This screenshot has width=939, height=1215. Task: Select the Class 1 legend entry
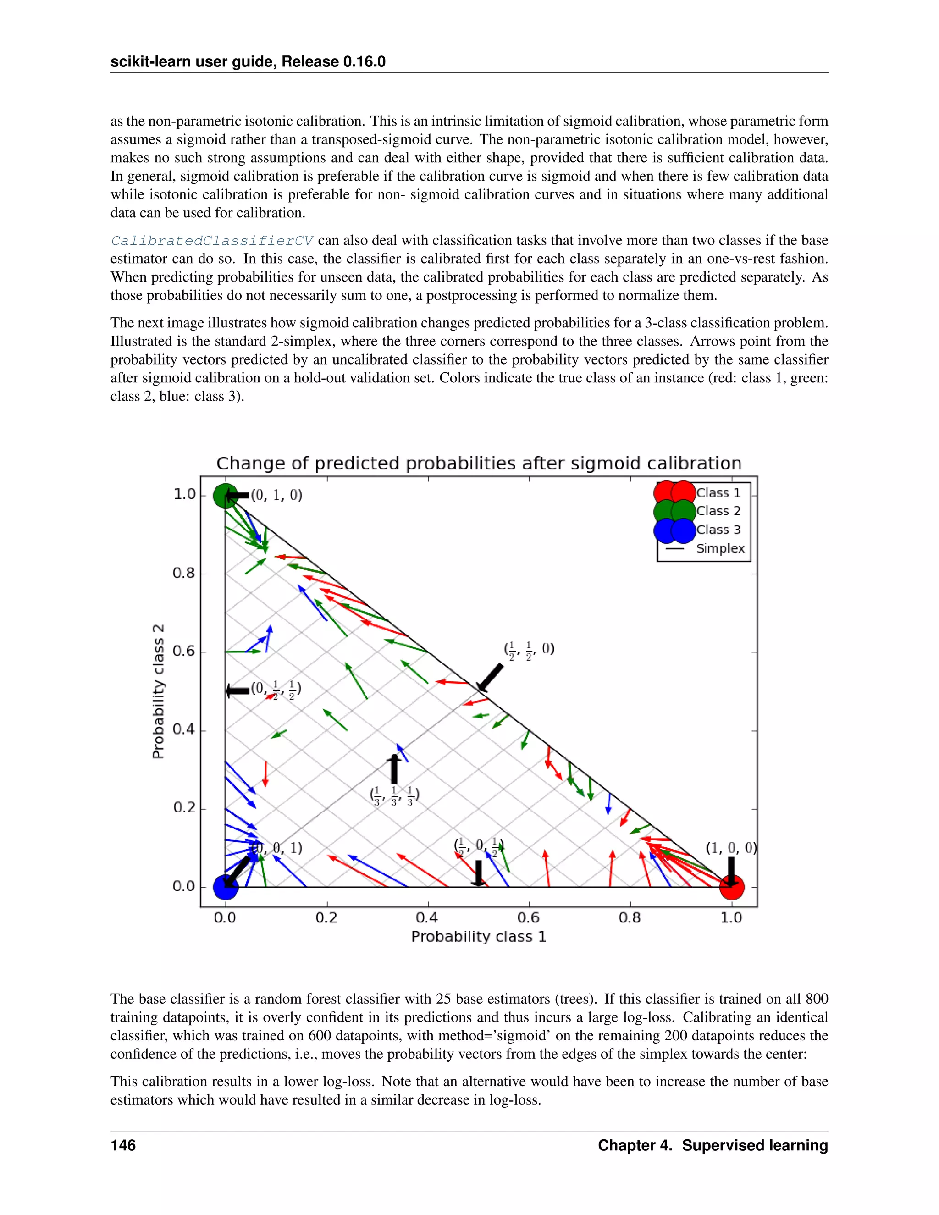click(718, 493)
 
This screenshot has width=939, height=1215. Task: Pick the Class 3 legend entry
click(718, 530)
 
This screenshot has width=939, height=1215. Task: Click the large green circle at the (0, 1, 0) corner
click(225, 495)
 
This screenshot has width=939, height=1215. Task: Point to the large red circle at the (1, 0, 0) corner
click(731, 887)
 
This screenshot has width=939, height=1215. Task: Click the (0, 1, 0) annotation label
click(276, 495)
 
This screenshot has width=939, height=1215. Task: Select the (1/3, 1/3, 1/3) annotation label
click(394, 795)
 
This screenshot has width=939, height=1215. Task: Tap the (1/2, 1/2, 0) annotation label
click(529, 650)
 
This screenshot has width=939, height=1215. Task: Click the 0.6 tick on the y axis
click(184, 651)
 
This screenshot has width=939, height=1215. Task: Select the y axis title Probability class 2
click(159, 691)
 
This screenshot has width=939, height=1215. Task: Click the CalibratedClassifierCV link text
click(211, 241)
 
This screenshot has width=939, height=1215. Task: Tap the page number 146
click(123, 1145)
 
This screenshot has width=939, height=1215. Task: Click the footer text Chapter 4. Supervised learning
click(713, 1145)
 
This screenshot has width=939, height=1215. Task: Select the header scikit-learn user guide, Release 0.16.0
click(248, 62)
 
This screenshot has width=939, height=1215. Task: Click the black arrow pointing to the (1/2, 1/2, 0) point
click(490, 678)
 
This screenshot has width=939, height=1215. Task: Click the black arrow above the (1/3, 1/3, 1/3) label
click(394, 769)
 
